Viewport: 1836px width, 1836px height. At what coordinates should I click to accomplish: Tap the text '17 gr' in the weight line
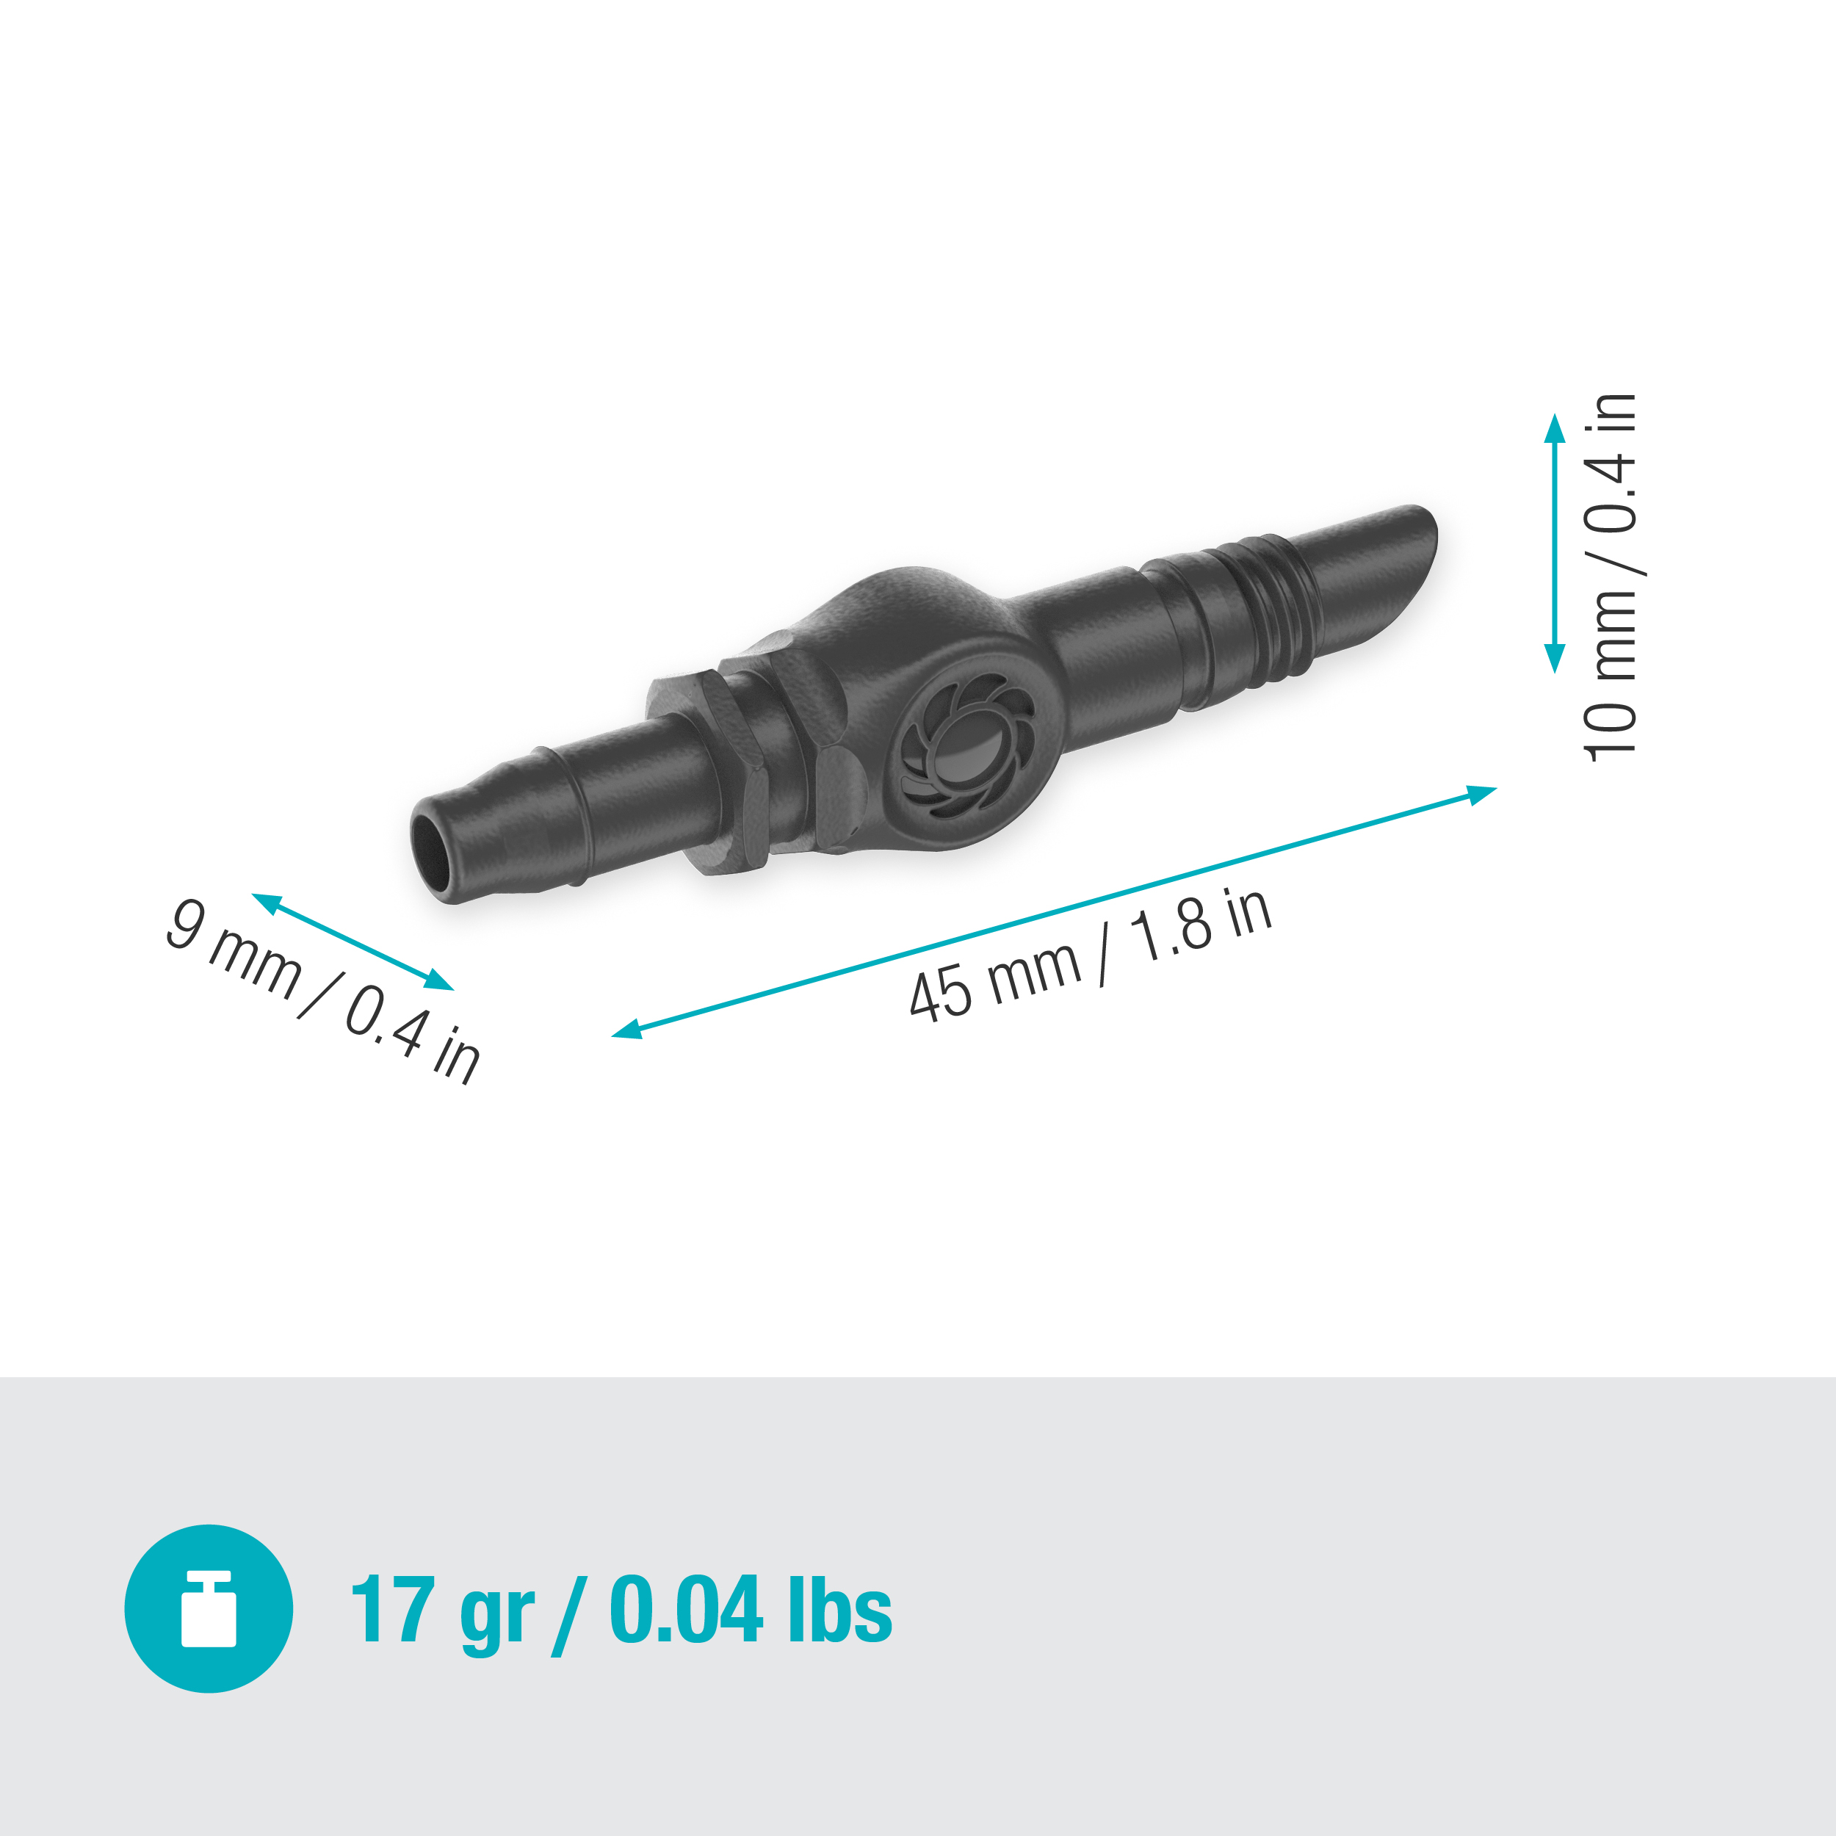(x=442, y=1610)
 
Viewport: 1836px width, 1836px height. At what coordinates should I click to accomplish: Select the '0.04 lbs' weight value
(x=751, y=1609)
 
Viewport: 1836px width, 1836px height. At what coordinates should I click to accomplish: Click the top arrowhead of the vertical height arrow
(x=1555, y=427)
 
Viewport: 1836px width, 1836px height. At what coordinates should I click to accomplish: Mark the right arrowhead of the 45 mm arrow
(x=1483, y=792)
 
